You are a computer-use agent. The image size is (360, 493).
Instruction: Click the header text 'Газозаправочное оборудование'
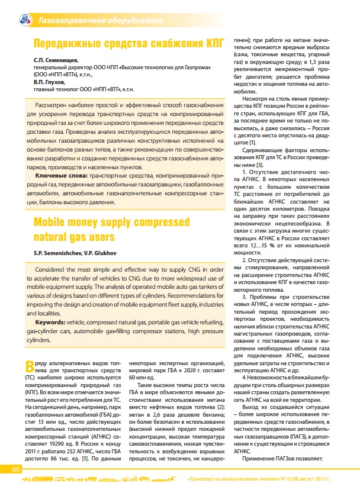pyautogui.click(x=100, y=21)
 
